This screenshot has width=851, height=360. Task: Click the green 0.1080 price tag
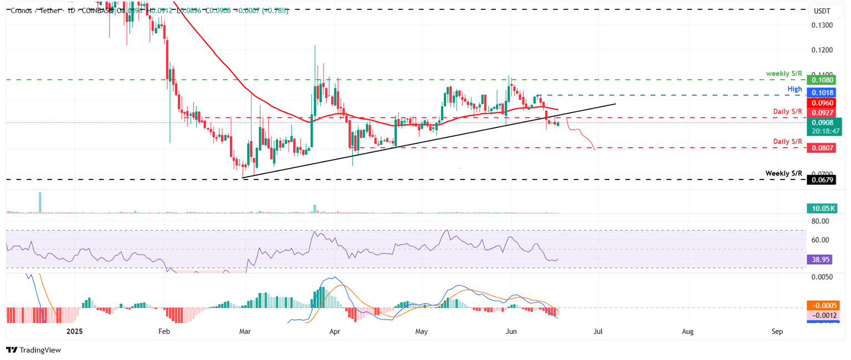[823, 80]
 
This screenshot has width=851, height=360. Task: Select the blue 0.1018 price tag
[823, 94]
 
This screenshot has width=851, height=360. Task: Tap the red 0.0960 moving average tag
[823, 103]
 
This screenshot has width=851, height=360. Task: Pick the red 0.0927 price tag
[823, 112]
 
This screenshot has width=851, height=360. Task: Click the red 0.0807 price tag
[823, 148]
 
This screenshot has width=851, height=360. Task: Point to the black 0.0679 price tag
[823, 179]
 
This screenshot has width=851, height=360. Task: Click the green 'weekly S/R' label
[784, 74]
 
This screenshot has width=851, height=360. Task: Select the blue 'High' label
[794, 89]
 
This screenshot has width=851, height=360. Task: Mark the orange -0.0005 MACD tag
[823, 305]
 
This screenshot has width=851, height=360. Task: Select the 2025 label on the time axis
[74, 331]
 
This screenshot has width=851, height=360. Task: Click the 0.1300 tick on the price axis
[823, 25]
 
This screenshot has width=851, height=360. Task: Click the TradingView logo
[33, 350]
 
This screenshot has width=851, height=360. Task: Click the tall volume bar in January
[40, 202]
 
